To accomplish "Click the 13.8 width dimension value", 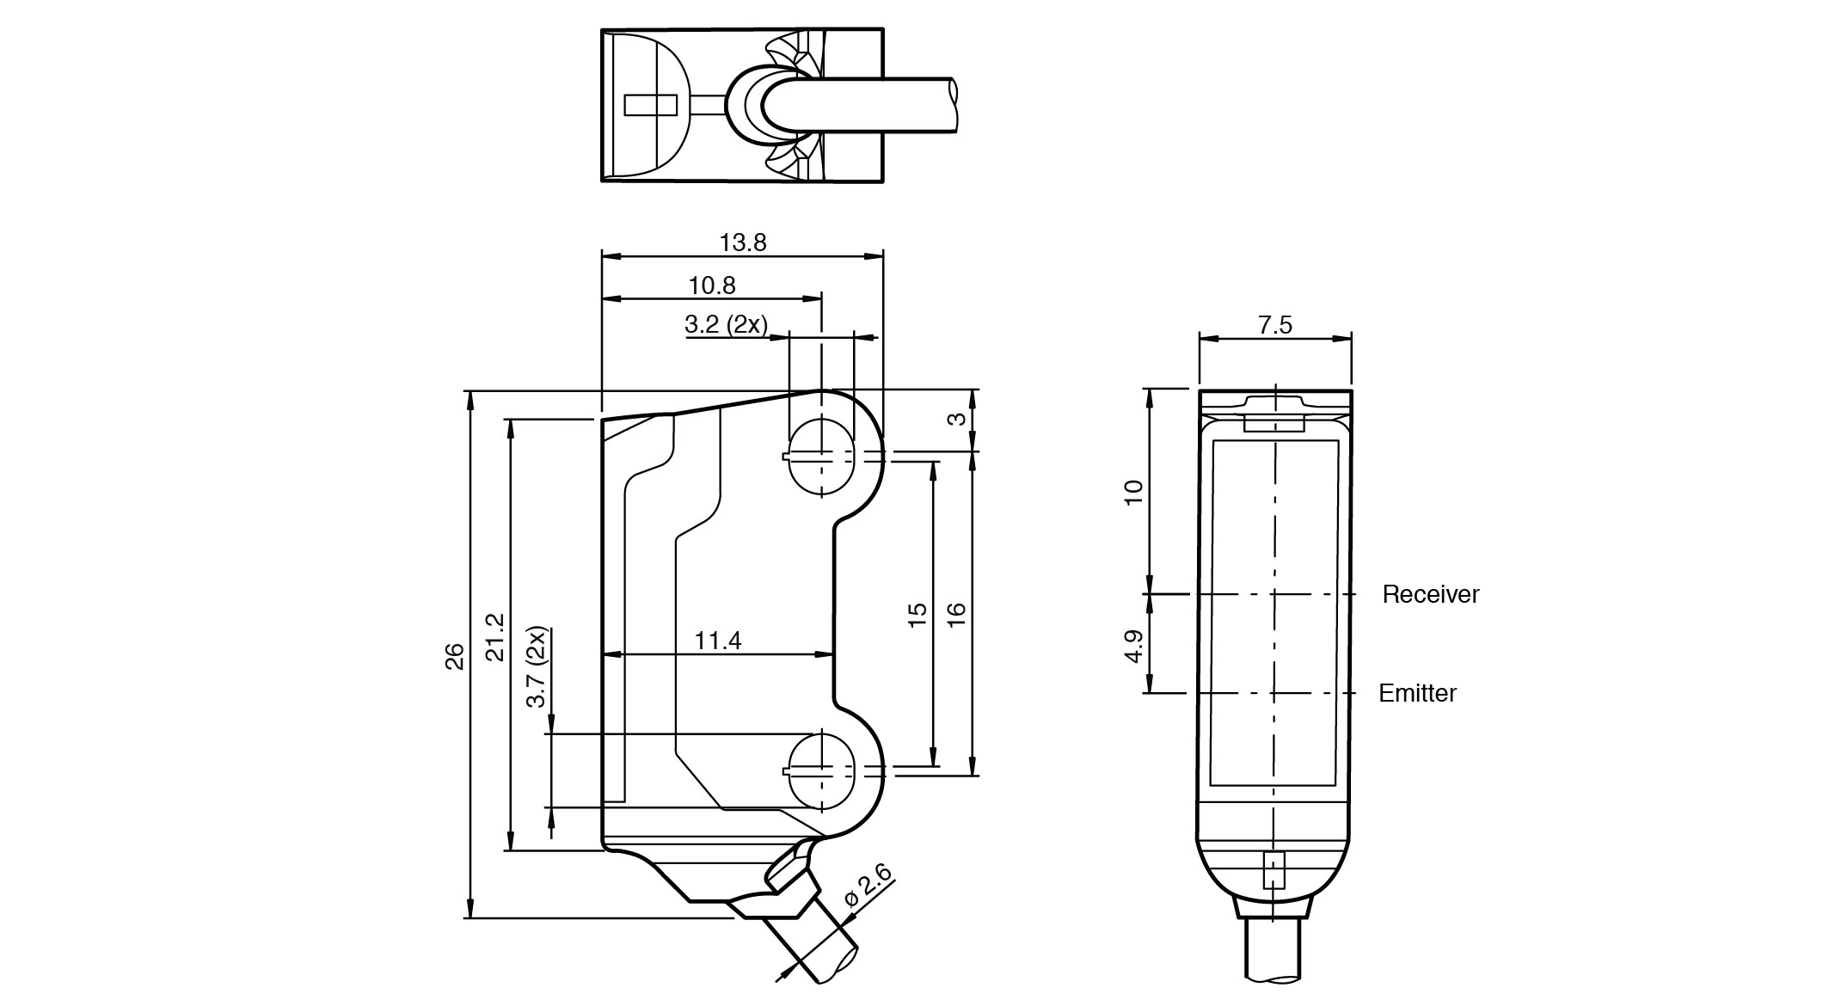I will point(743,242).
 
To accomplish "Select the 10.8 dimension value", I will point(712,285).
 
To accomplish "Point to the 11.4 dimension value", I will point(718,641).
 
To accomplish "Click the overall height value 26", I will point(455,656).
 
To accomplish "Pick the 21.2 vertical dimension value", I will point(495,637).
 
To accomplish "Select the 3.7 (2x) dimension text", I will point(537,667).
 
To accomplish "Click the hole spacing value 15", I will point(918,614).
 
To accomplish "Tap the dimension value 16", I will point(956,614).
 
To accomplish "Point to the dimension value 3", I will point(956,420).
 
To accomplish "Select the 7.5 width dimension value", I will point(1274,325).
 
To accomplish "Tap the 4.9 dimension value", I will point(1134,647).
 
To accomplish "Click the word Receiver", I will point(1430,594).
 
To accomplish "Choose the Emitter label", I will point(1417,693).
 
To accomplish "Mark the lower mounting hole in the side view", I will point(822,770).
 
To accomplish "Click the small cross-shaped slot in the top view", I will point(651,105).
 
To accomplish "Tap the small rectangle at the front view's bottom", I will point(1274,870).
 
